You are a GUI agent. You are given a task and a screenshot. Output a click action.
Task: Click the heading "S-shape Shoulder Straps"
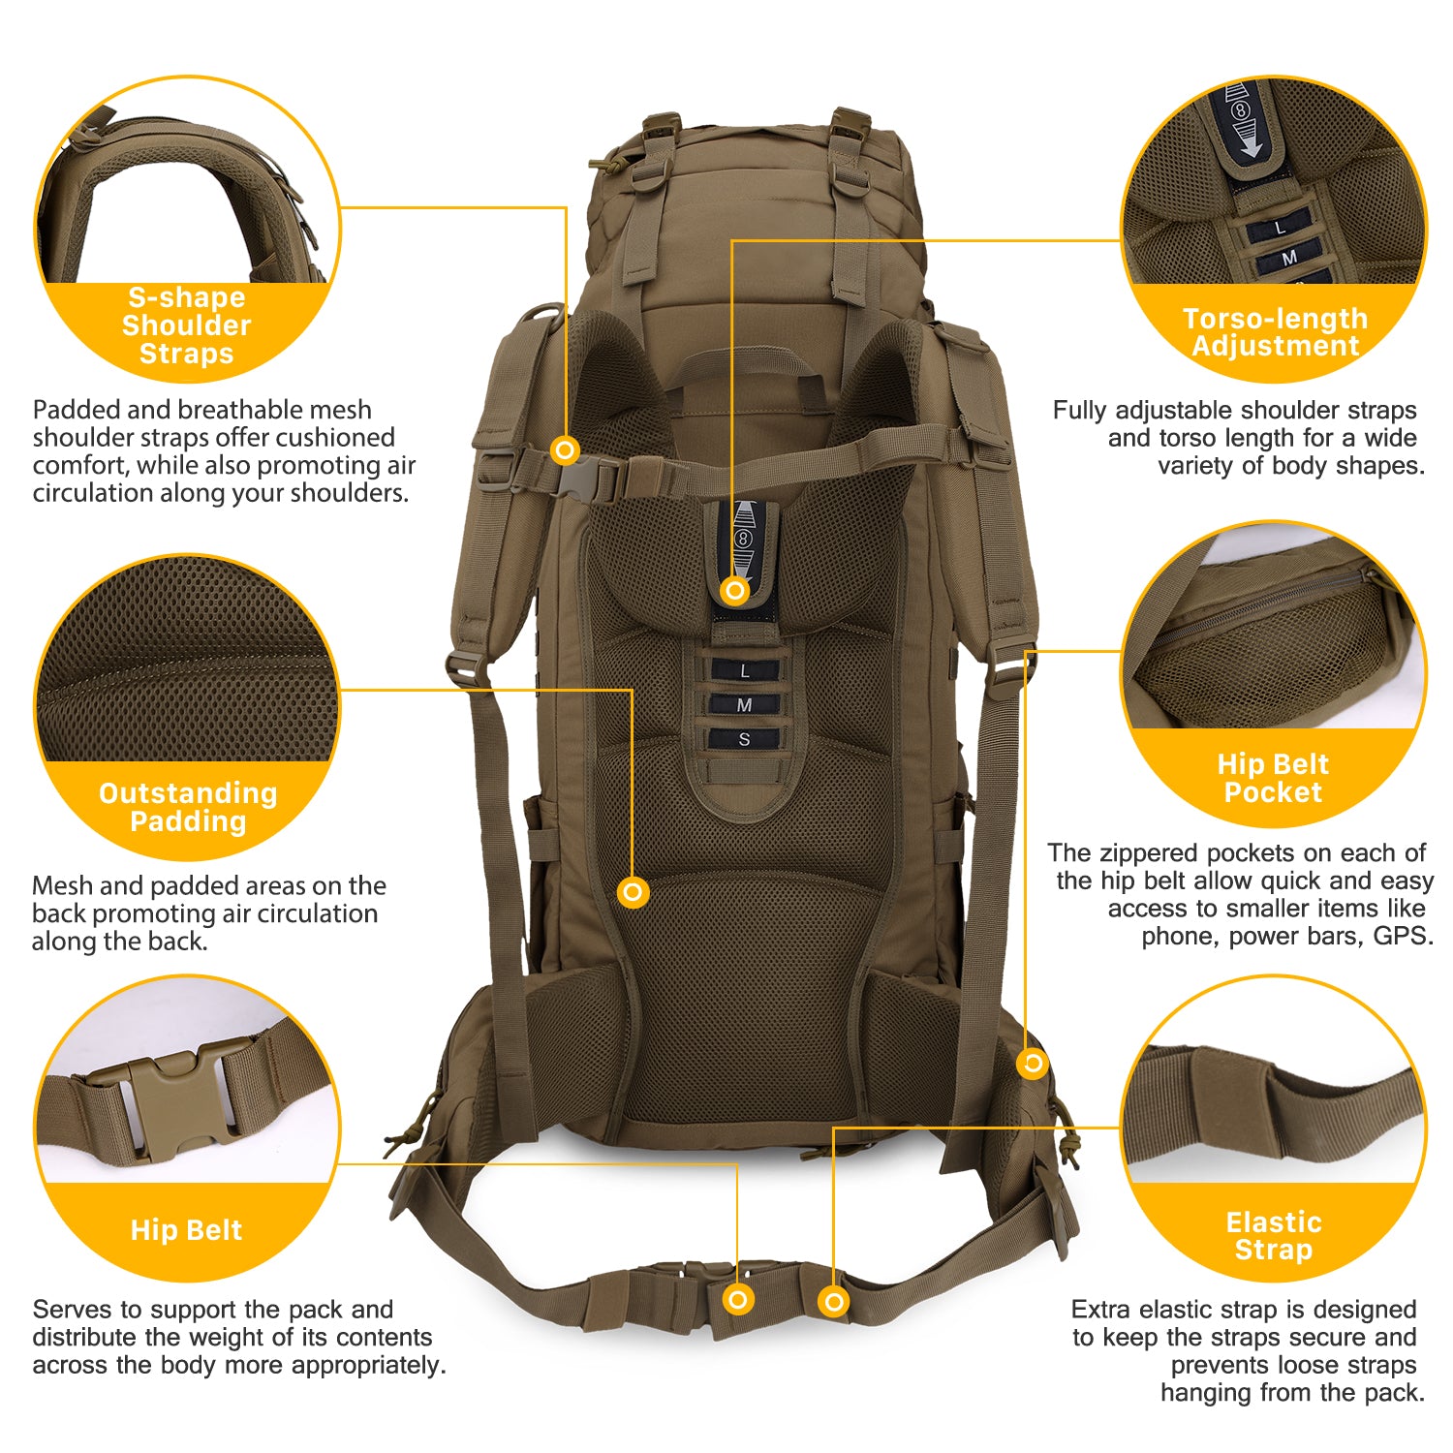click(x=187, y=325)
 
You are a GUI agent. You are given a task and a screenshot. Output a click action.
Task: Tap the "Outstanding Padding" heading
click(x=188, y=807)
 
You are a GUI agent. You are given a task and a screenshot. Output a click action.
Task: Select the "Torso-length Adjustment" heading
click(x=1275, y=332)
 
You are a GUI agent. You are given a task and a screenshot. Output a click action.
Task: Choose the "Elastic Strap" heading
click(x=1274, y=1236)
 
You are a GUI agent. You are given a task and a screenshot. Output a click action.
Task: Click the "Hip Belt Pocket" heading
click(x=1273, y=778)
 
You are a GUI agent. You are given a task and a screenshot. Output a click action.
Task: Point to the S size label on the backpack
click(x=744, y=739)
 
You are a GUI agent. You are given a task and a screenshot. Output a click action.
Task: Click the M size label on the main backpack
click(x=744, y=704)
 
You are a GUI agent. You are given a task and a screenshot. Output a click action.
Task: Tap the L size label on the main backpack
click(x=744, y=670)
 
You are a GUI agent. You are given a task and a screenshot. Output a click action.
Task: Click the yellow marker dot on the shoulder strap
click(x=565, y=449)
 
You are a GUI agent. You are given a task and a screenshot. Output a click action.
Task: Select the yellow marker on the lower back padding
click(x=633, y=891)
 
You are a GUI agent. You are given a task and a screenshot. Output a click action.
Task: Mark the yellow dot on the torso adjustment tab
click(x=735, y=590)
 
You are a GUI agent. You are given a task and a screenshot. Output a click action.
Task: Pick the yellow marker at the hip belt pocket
click(x=1033, y=1064)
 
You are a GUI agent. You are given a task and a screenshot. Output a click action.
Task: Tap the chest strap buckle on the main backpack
click(x=591, y=478)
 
